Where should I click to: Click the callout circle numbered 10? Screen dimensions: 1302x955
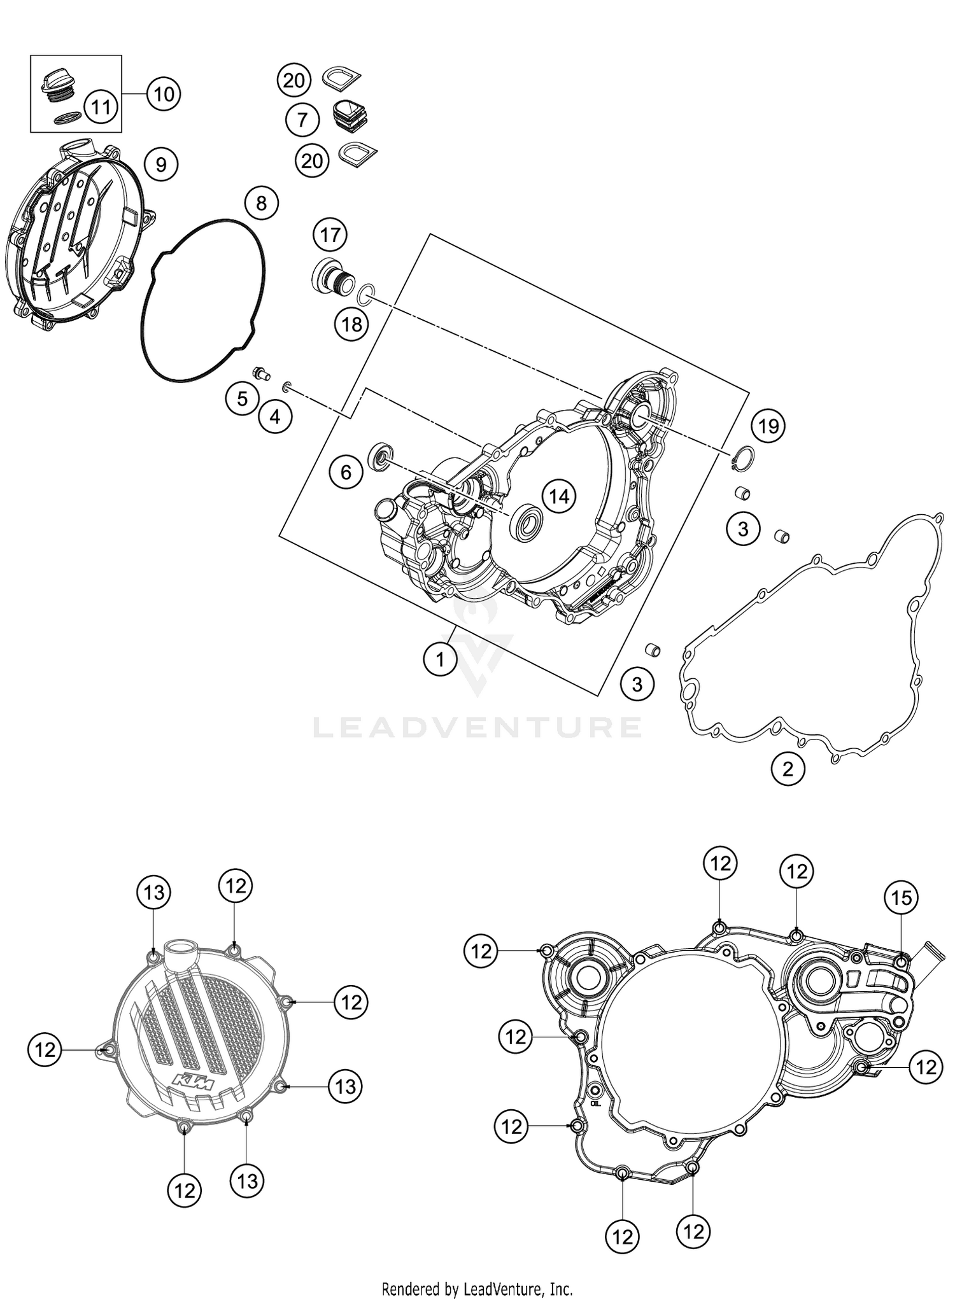coord(164,94)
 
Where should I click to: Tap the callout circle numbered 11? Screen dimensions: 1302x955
coord(101,106)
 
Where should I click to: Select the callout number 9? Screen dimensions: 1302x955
coord(160,165)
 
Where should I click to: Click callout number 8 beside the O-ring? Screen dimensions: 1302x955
coord(261,203)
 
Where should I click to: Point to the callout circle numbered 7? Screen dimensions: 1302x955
coord(302,119)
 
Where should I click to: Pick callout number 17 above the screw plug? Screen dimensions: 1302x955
coord(330,235)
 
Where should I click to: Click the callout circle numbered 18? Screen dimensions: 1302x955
coord(351,325)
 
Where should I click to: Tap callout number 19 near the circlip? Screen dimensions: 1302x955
coord(768,425)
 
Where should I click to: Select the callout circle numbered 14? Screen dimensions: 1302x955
coord(559,496)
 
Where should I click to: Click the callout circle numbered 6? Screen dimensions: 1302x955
coord(346,472)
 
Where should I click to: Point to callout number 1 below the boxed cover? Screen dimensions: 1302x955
coord(440,660)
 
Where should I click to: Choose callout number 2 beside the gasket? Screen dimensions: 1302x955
coord(788,769)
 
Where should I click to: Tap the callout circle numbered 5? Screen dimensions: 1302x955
coord(242,398)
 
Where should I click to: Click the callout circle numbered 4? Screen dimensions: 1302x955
coord(274,416)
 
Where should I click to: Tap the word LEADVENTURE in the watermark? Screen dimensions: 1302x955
coord(477,727)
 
